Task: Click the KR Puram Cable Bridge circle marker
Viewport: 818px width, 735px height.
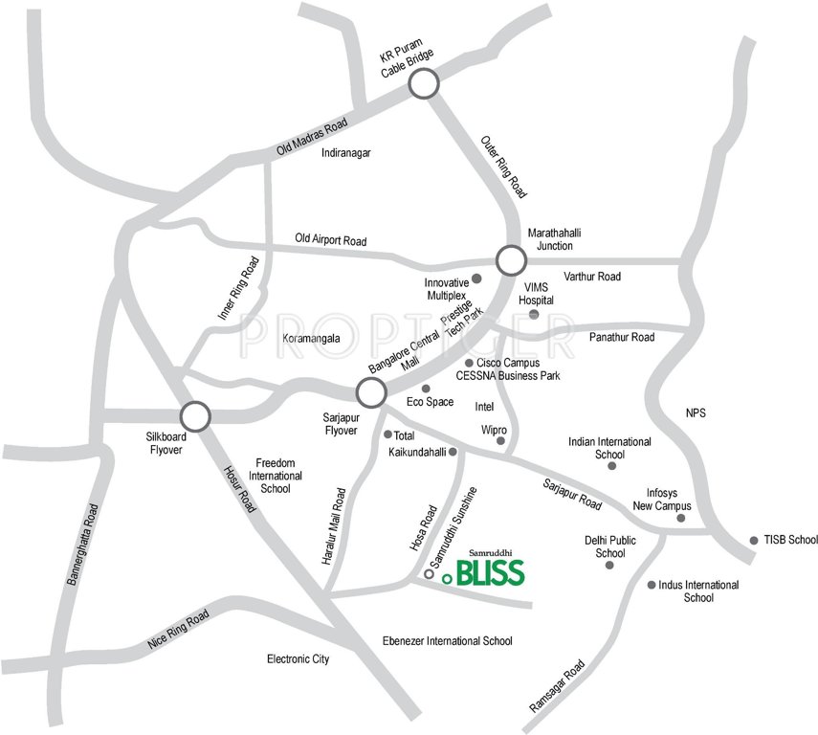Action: [424, 85]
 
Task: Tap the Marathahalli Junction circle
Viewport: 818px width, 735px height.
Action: [511, 259]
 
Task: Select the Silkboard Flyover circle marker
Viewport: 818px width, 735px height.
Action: [195, 415]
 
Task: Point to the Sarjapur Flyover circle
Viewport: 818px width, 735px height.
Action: [370, 391]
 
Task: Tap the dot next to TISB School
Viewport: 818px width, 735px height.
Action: [754, 540]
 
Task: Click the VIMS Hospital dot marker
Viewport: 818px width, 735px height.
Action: [534, 314]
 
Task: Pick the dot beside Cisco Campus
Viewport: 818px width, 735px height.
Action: [469, 364]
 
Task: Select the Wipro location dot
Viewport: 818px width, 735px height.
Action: [500, 440]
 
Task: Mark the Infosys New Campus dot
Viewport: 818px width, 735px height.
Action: [681, 518]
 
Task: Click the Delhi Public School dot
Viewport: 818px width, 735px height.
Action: [609, 566]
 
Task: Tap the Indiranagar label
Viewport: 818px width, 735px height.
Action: [346, 153]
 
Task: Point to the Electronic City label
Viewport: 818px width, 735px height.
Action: [298, 659]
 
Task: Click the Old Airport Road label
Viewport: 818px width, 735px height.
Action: [331, 240]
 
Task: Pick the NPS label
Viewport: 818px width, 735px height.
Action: [696, 414]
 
